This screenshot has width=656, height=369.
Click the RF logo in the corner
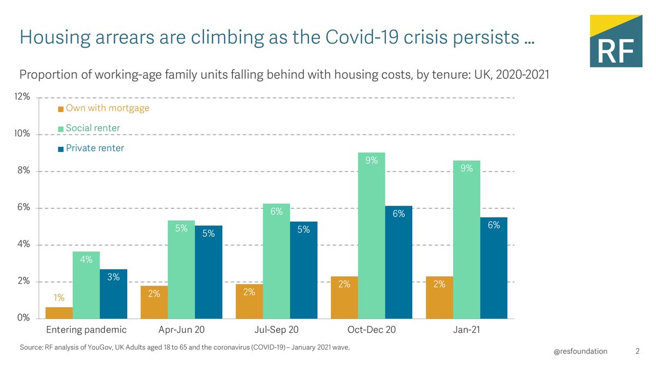(x=616, y=41)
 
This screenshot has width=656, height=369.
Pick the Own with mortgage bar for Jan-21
(x=440, y=298)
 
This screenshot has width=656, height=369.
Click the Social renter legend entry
(x=92, y=128)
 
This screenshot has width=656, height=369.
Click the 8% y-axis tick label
(x=23, y=172)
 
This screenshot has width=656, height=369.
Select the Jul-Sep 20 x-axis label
(x=277, y=330)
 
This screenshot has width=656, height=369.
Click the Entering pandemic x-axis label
(x=86, y=330)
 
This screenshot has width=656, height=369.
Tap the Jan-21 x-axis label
(x=466, y=330)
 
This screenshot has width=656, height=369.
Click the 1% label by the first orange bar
(x=58, y=298)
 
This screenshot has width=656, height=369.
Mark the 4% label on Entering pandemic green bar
(x=86, y=260)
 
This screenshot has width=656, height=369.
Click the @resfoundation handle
(x=580, y=352)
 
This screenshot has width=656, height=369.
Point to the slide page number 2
(x=637, y=352)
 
